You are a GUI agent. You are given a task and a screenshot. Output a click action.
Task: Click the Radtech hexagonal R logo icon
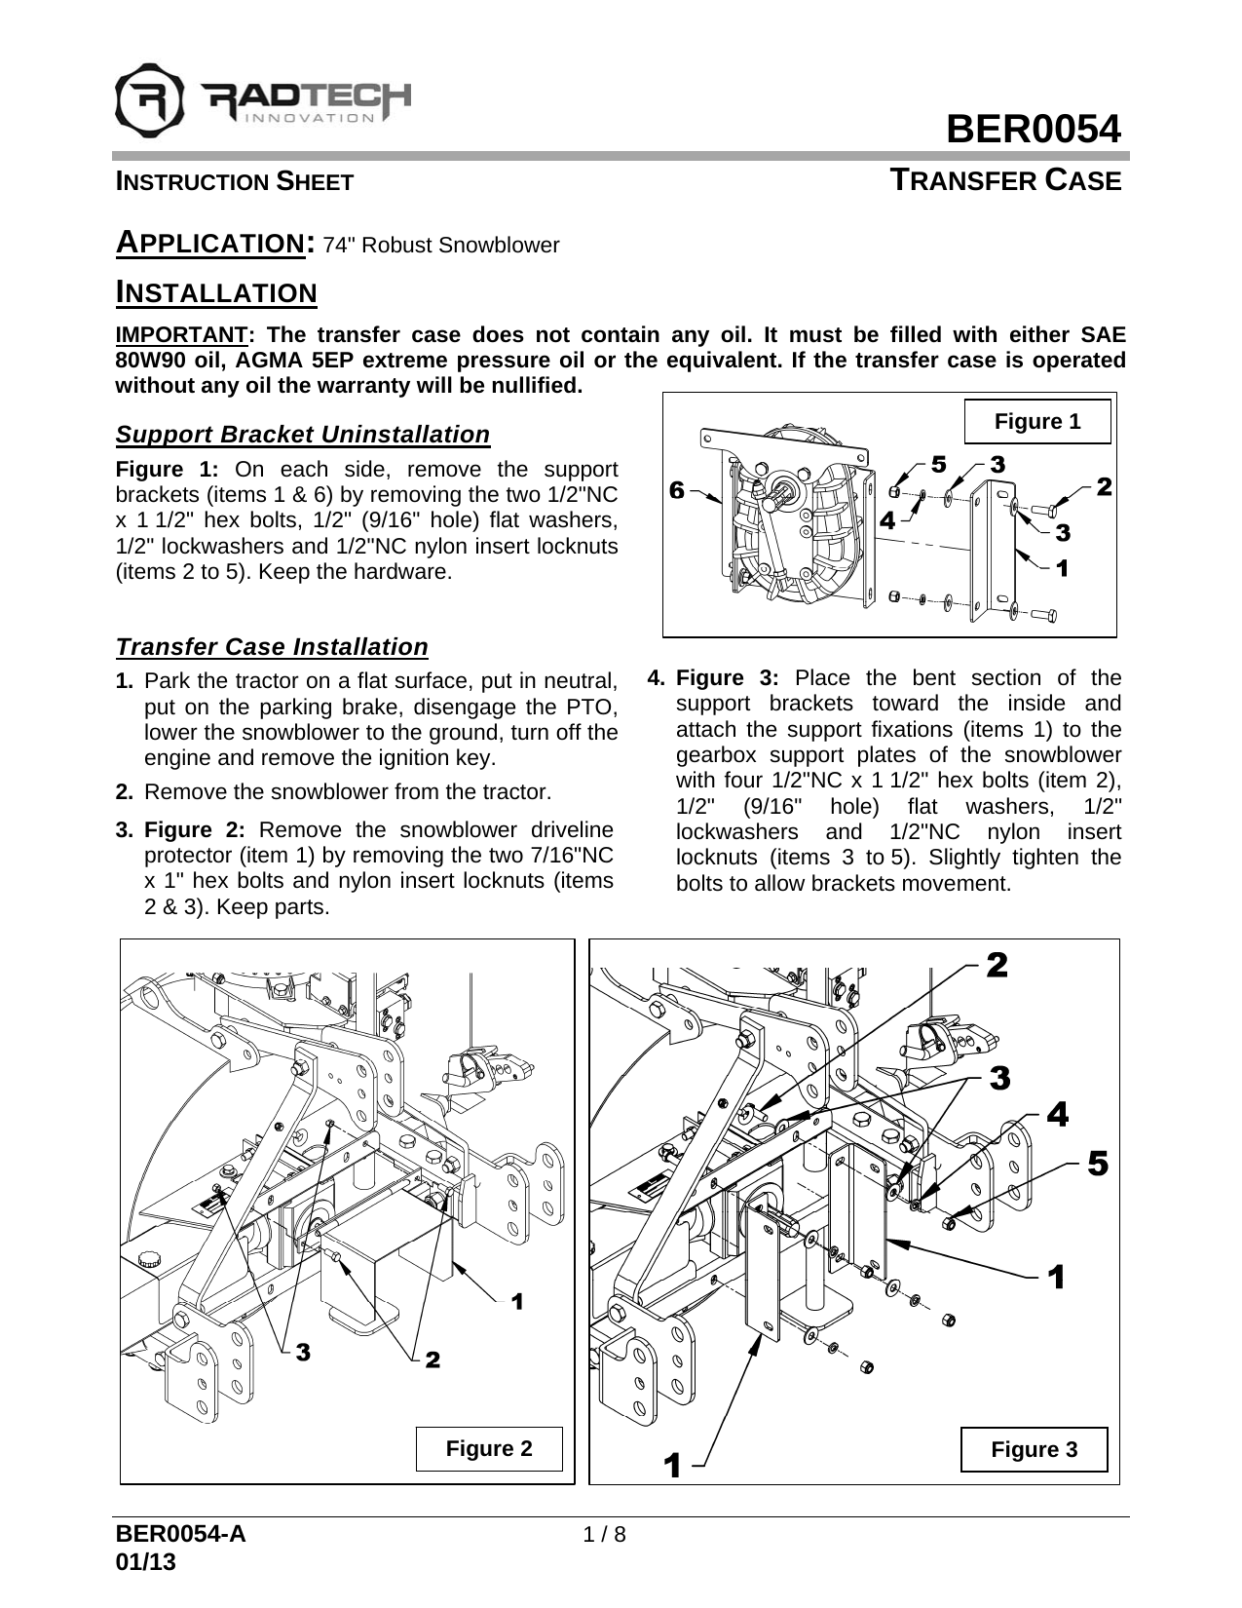tap(148, 98)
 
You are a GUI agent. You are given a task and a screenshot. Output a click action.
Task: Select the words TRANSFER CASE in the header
tap(1007, 181)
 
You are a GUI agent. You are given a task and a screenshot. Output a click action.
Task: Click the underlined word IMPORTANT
tap(181, 334)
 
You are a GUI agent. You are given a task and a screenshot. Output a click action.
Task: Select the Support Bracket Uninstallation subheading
tap(302, 434)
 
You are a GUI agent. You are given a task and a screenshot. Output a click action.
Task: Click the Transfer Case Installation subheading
tap(272, 647)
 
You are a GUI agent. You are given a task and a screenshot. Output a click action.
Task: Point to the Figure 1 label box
tap(1036, 422)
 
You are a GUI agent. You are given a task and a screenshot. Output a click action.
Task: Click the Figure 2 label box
tap(489, 1448)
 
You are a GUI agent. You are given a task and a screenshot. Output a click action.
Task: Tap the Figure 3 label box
tap(1034, 1449)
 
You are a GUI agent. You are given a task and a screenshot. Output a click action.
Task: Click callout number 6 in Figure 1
tap(676, 490)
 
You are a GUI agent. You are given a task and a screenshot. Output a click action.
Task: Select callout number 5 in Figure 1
tap(938, 465)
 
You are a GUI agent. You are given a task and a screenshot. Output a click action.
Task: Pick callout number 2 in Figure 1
tap(1103, 485)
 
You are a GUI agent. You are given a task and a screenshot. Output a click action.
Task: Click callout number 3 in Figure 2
tap(303, 1353)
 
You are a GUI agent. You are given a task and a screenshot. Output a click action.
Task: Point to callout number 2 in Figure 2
tap(433, 1359)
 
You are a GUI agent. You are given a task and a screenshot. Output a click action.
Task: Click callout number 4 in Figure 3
tap(1057, 1115)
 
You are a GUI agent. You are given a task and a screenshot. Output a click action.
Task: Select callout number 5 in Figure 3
tap(1097, 1164)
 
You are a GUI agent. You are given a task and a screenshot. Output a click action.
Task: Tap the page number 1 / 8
tap(604, 1534)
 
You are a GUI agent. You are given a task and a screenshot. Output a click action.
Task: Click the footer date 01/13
tap(146, 1561)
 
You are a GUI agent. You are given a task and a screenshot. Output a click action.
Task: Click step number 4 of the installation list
tap(657, 677)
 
